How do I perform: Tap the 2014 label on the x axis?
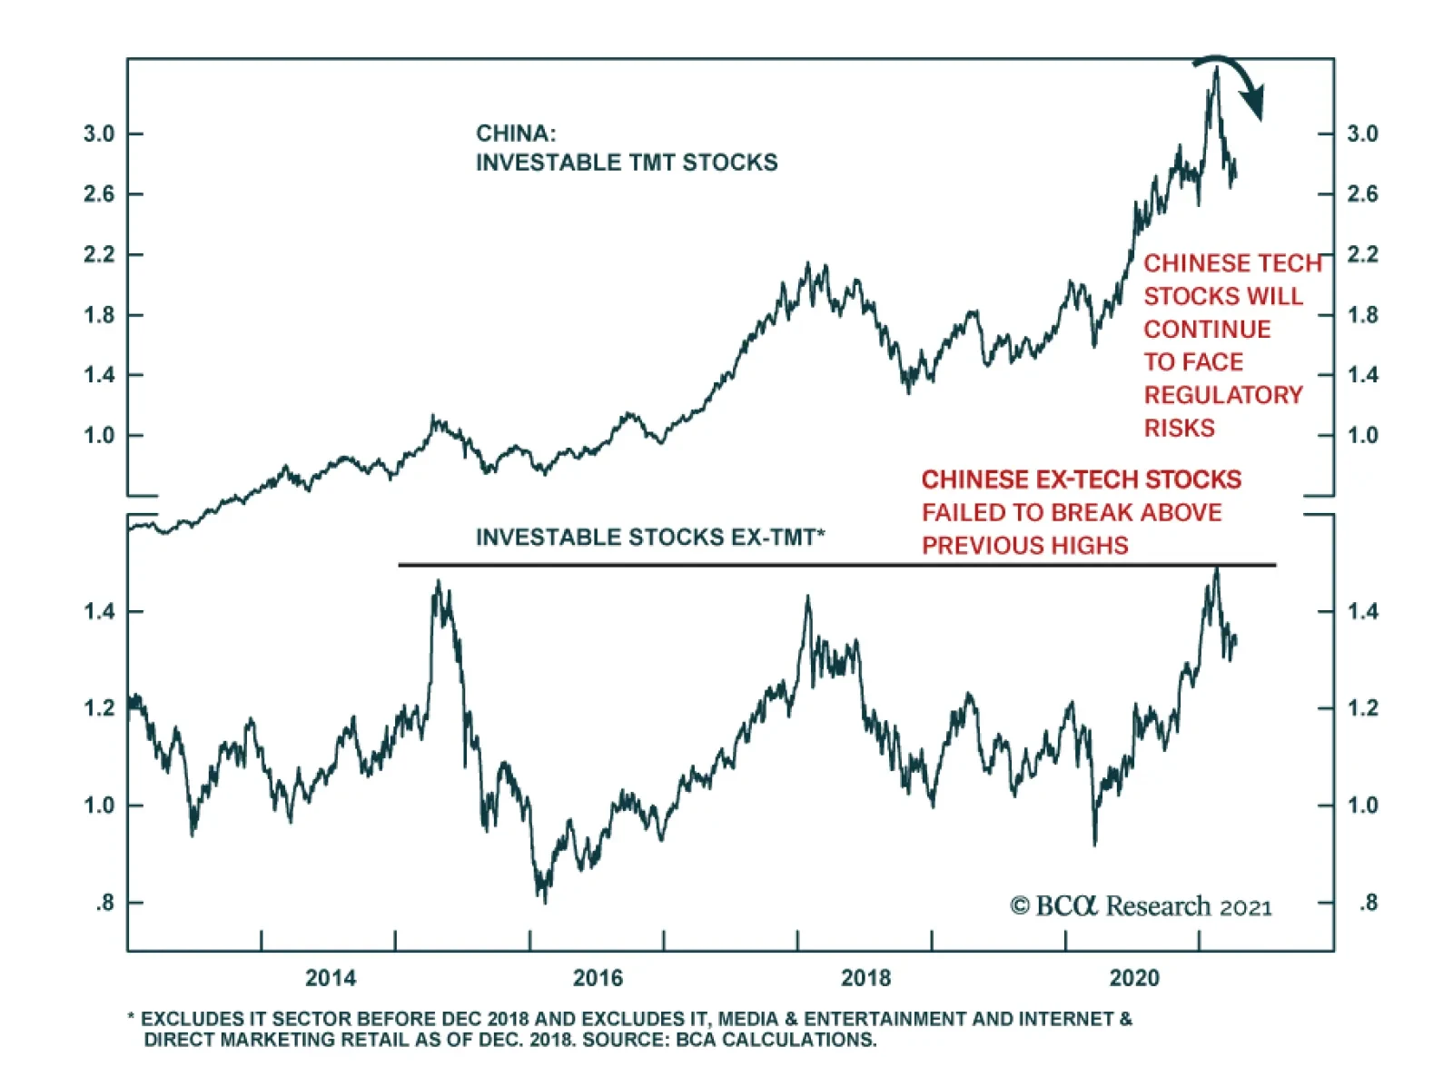(x=331, y=978)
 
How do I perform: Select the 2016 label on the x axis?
(x=598, y=978)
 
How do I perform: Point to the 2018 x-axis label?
(x=865, y=978)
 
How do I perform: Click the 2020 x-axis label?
(x=1134, y=978)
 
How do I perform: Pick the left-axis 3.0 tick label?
(x=99, y=134)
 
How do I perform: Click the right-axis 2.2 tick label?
(x=1362, y=254)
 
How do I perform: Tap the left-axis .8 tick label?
(x=105, y=903)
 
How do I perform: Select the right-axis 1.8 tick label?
(x=1362, y=315)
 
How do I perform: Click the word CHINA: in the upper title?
(x=516, y=133)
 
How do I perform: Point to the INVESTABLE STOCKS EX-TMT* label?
(x=650, y=538)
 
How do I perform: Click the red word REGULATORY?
(x=1223, y=395)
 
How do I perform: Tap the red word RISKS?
(x=1179, y=428)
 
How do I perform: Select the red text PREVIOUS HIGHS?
(x=1024, y=546)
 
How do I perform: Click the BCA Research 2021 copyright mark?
(x=1141, y=906)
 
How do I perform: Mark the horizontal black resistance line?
(x=835, y=565)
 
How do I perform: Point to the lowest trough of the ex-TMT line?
(x=545, y=901)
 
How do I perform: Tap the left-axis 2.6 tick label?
(x=99, y=194)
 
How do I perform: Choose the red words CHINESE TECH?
(x=1232, y=263)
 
